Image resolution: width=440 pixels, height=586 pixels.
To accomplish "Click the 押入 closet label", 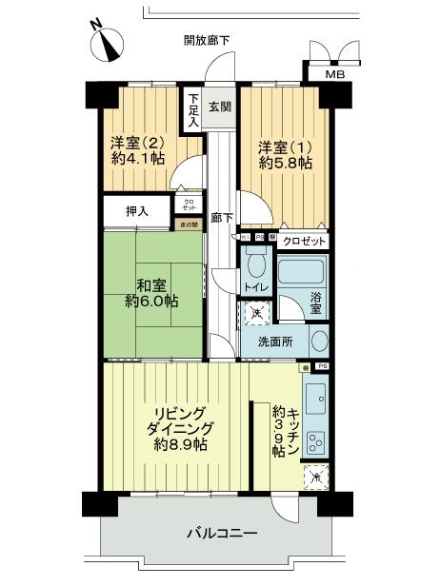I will click(138, 209).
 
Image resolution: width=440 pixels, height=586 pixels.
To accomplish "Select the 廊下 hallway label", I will click(220, 217).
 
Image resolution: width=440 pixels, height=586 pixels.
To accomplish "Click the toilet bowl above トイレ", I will click(255, 264).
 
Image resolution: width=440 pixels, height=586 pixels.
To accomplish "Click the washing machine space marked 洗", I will click(254, 311).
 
